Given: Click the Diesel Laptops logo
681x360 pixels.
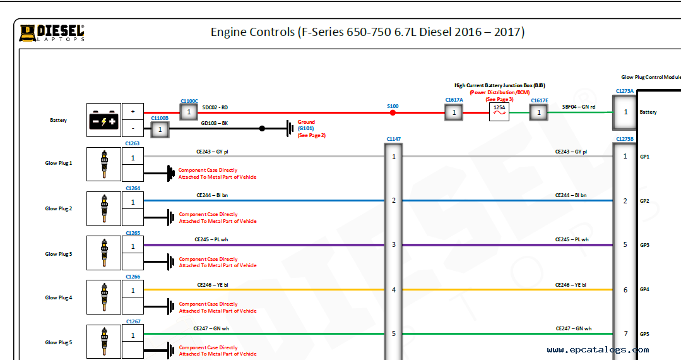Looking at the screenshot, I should (52, 33).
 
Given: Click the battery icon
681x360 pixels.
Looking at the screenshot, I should (104, 120).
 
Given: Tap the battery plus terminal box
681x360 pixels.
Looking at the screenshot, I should (133, 111).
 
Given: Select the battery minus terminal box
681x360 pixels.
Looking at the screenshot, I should (133, 129).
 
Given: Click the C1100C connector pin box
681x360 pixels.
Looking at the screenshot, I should (189, 112).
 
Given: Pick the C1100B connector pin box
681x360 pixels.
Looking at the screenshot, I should (160, 129).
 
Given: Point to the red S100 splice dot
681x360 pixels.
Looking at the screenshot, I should (393, 112).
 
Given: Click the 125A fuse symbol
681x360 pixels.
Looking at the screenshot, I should (499, 112).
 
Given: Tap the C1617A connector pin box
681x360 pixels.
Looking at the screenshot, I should (453, 112).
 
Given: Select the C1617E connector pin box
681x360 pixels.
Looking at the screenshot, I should (539, 112).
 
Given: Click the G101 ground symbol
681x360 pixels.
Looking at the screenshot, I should (290, 129).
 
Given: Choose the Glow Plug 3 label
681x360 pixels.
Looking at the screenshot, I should (59, 254).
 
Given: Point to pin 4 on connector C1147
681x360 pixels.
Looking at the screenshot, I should (394, 290).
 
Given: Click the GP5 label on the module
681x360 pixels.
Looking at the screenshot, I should (644, 334).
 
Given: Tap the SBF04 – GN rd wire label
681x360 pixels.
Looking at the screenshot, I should (579, 107).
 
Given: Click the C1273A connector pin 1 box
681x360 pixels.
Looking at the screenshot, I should (625, 112).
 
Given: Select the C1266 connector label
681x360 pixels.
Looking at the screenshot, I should (133, 277).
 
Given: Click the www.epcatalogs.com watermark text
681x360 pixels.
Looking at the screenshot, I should (598, 349).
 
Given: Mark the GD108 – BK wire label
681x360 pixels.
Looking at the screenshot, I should (215, 124).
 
